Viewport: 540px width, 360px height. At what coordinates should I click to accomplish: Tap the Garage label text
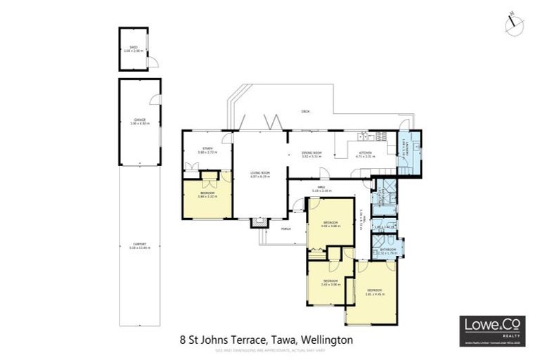[x=139, y=122]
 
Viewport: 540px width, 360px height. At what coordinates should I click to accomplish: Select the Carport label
[x=139, y=245]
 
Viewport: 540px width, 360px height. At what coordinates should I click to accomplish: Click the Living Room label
[x=260, y=174]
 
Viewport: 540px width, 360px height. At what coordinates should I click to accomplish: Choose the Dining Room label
[x=311, y=154]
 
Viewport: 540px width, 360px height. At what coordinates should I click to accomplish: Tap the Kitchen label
[x=366, y=154]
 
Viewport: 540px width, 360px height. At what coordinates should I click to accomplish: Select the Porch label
[x=286, y=229]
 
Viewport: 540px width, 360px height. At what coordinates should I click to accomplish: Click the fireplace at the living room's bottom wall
[x=260, y=223]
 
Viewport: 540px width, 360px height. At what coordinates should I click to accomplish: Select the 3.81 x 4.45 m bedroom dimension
[x=375, y=293]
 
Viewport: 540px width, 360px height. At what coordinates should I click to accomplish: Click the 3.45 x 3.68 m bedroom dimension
[x=330, y=226]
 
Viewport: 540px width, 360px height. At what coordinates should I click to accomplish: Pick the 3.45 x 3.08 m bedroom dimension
[x=330, y=285]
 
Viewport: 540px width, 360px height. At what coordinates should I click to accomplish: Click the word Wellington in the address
[x=326, y=339]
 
